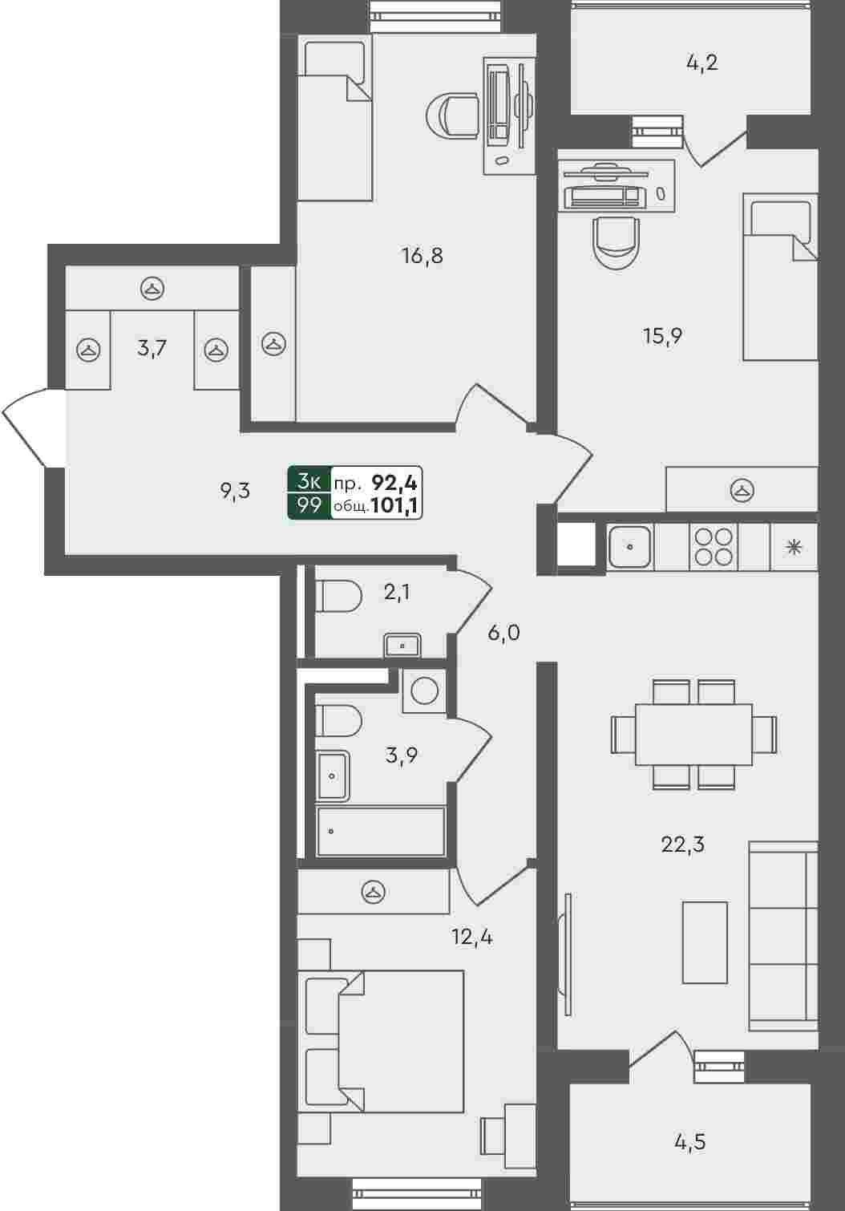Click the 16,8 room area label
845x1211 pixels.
point(422,256)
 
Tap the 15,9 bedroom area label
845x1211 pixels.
point(662,336)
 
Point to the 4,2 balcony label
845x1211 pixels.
point(702,63)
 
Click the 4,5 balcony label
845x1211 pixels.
point(690,1143)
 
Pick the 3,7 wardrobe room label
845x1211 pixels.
point(152,348)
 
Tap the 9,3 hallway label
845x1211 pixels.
point(235,491)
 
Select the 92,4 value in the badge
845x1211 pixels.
point(394,483)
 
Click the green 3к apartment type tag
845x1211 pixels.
point(309,480)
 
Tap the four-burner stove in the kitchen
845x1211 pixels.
point(714,547)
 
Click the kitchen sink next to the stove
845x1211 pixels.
point(630,547)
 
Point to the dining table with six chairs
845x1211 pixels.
point(693,734)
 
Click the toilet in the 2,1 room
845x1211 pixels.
point(338,597)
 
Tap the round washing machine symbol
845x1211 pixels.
point(424,691)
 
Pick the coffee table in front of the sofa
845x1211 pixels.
point(705,942)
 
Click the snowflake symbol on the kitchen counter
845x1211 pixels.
point(794,547)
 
